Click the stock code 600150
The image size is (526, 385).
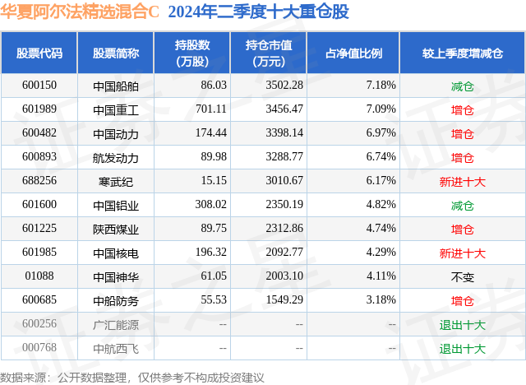coord(39,86)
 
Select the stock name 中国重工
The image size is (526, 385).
coord(116,109)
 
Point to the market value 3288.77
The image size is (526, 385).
coord(281,157)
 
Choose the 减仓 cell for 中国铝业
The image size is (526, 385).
coord(462,205)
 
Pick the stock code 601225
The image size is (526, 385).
coord(39,229)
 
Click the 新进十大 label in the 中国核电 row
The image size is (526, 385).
coord(462,253)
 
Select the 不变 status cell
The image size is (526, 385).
coord(462,277)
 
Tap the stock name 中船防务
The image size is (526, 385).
coord(116,301)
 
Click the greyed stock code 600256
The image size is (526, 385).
coord(39,325)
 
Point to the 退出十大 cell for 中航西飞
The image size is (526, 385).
coord(462,349)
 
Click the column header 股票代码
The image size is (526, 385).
coord(39,53)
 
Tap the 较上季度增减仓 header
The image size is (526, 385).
coord(462,53)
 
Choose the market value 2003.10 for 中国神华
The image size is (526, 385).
coord(281,277)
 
